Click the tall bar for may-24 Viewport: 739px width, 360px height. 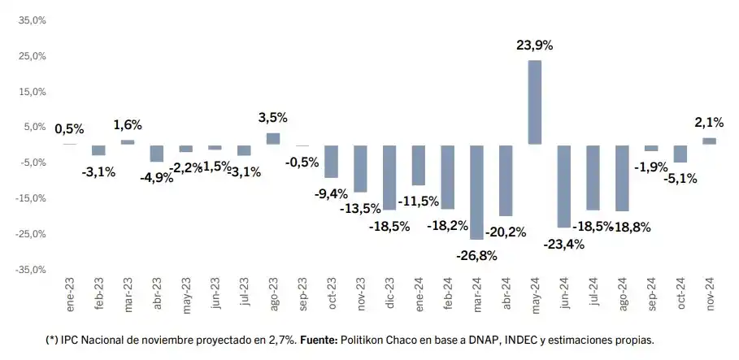point(535,102)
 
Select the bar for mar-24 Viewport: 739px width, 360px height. point(476,192)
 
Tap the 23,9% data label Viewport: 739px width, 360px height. point(535,46)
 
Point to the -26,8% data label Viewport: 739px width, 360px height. point(477,255)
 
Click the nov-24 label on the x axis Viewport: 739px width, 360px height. point(709,291)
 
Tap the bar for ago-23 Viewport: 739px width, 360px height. point(273,139)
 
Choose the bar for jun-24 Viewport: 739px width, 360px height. point(564,186)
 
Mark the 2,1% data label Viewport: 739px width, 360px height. point(709,122)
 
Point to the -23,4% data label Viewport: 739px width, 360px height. point(564,244)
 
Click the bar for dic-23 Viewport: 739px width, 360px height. point(389,177)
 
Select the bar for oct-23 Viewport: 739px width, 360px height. point(331,161)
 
